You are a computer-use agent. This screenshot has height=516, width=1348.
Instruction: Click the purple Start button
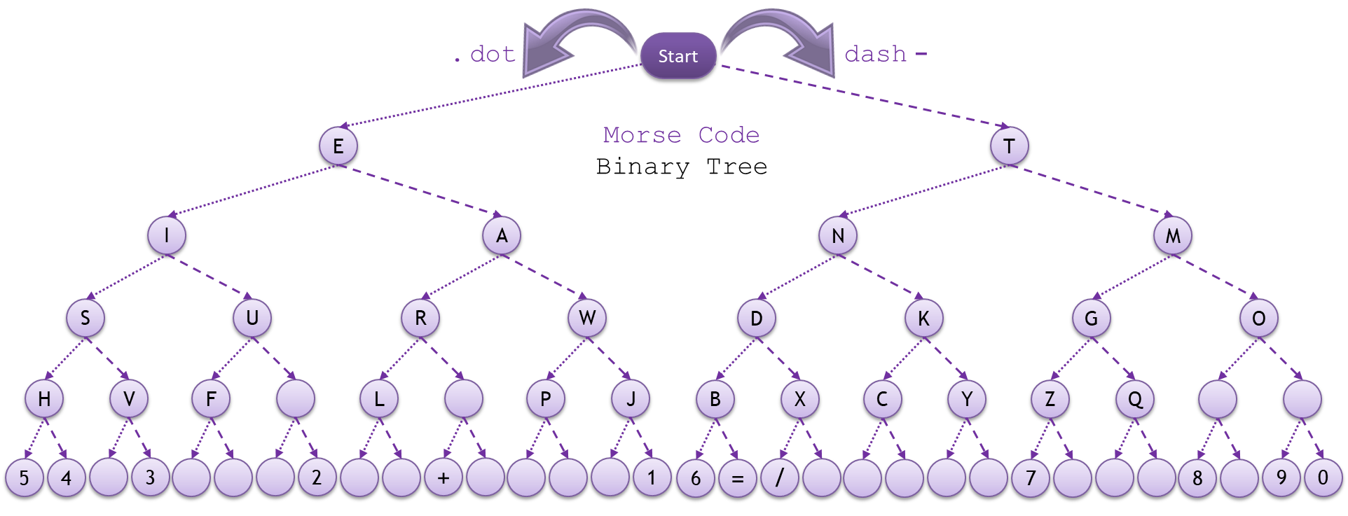[x=678, y=56]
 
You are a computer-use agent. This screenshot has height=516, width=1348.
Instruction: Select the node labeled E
[x=338, y=146]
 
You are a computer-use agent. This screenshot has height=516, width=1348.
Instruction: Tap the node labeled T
[x=1009, y=146]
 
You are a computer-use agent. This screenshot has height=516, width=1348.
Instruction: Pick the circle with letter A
[x=502, y=236]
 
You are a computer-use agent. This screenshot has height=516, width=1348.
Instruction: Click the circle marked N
[x=838, y=236]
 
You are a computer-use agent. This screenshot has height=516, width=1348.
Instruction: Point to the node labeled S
[x=85, y=318]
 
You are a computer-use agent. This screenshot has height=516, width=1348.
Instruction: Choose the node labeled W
[x=587, y=318]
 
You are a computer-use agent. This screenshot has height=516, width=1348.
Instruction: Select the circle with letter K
[x=923, y=318]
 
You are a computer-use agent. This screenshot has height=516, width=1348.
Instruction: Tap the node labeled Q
[x=1135, y=399]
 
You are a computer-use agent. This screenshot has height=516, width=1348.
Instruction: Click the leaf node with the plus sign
[x=443, y=478]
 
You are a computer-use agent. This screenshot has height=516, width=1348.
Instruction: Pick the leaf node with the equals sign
[x=737, y=478]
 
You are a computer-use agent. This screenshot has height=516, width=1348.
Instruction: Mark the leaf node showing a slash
[x=779, y=478]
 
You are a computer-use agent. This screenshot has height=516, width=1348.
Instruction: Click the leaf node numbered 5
[x=25, y=478]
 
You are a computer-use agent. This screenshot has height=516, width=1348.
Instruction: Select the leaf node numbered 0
[x=1323, y=478]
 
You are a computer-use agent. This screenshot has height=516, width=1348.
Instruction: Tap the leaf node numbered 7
[x=1031, y=478]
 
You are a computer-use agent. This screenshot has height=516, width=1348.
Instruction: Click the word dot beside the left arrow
[x=493, y=54]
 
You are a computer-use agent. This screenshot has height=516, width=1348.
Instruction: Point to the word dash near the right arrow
[x=875, y=54]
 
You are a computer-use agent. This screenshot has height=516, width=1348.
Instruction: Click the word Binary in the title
[x=642, y=167]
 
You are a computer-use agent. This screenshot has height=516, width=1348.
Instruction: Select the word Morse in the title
[x=642, y=134]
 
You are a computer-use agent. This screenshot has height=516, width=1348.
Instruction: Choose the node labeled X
[x=799, y=399]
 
